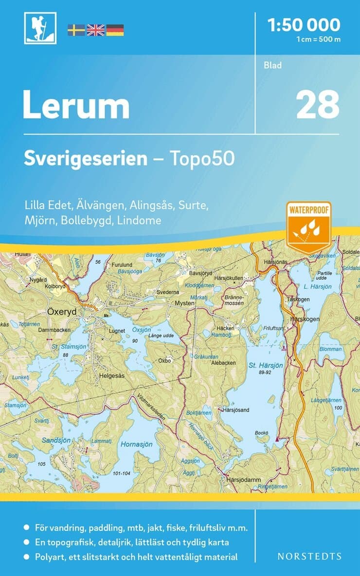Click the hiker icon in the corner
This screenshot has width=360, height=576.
(40, 28)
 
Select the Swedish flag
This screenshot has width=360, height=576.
(76, 30)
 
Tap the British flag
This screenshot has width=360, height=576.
(95, 30)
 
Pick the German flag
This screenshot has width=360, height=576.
(115, 30)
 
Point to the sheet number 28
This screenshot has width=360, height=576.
(318, 105)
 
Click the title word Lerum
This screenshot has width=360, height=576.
(76, 106)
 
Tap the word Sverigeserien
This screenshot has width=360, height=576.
(86, 159)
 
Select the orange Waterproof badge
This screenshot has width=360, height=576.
(308, 226)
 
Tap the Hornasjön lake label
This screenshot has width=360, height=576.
(137, 444)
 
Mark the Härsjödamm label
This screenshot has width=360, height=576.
(244, 479)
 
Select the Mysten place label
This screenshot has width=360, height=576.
(185, 303)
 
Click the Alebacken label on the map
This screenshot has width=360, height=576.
(223, 363)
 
